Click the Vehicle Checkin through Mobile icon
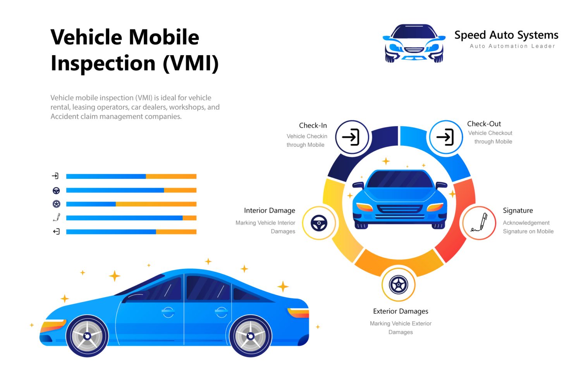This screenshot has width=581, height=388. coord(352,137)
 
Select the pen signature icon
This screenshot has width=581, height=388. coord(480,223)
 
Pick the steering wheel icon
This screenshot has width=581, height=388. coord(319,223)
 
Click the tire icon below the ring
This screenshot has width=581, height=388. coord(398,285)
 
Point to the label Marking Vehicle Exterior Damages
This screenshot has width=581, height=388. coord(401,328)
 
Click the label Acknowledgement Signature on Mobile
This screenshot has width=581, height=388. coord(528,227)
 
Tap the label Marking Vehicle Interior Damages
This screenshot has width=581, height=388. coord(266,227)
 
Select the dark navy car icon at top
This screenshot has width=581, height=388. coord(414,43)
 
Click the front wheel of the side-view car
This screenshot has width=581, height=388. coord(87,336)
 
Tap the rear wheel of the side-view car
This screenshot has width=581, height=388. coord(250,336)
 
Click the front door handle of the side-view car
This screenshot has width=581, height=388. coord(168,311)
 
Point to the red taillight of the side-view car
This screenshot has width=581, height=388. coord(298,312)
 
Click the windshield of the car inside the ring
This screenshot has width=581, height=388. coord(399,180)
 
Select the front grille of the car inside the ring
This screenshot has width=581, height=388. coord(399,210)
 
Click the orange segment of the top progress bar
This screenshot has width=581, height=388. coord(171,177)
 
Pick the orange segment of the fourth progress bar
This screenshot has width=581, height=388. coord(190,218)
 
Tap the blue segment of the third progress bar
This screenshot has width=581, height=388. coord(91,204)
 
